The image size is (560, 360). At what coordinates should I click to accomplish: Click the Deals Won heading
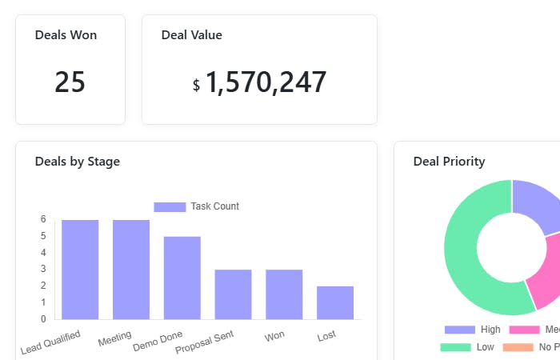(x=66, y=35)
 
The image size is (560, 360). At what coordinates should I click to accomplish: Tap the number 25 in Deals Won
(x=70, y=82)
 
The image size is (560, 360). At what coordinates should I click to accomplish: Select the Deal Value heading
(x=191, y=35)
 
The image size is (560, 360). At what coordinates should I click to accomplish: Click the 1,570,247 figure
(x=266, y=82)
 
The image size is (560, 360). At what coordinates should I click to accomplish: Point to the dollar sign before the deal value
(x=196, y=85)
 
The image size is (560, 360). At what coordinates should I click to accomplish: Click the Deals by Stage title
(x=77, y=162)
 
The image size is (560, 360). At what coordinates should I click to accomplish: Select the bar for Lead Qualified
(x=80, y=270)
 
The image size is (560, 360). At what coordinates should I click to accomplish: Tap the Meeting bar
(x=131, y=270)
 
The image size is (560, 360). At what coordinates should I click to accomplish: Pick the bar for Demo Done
(x=182, y=278)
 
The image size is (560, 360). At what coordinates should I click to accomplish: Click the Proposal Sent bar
(x=233, y=294)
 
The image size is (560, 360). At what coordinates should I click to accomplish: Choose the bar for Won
(x=284, y=294)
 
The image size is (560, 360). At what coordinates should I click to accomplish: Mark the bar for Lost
(x=335, y=302)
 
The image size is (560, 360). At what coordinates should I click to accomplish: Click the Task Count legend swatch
(x=170, y=206)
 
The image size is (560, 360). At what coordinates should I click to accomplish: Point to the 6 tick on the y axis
(x=44, y=219)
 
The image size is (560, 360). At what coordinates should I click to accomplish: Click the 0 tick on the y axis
(x=44, y=319)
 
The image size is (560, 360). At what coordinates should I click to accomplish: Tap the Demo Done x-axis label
(x=158, y=340)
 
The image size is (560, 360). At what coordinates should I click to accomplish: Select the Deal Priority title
(x=449, y=162)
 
